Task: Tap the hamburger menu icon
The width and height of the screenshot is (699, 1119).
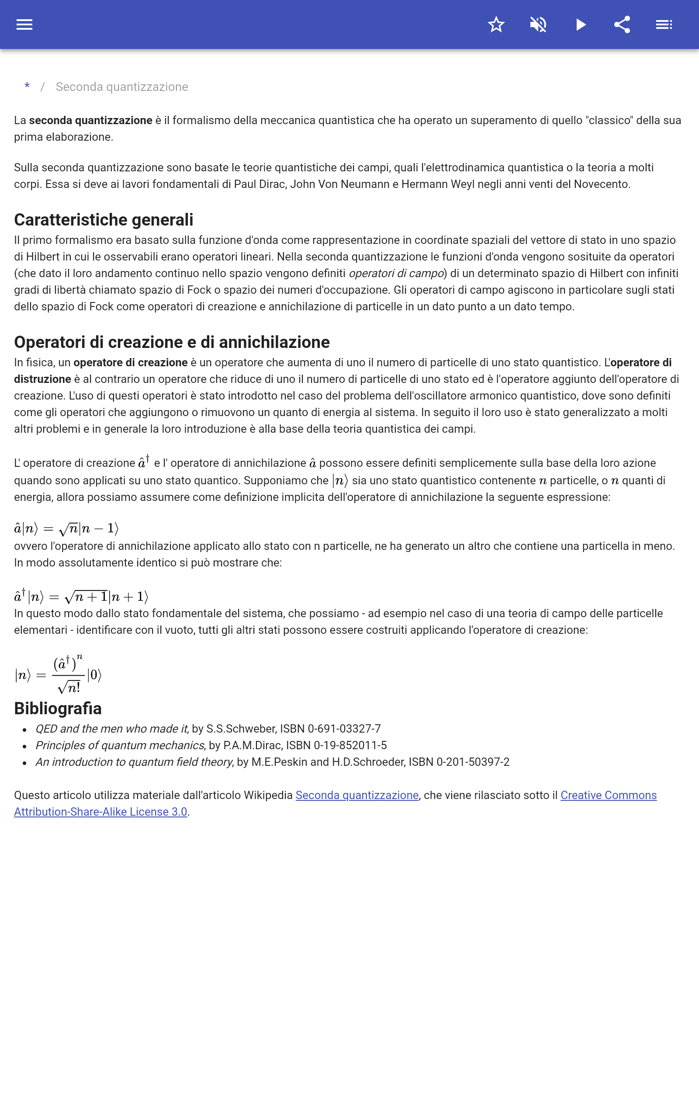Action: click(x=24, y=24)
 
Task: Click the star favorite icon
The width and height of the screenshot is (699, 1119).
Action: click(x=496, y=24)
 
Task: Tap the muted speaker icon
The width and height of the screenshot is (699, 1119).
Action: click(x=538, y=24)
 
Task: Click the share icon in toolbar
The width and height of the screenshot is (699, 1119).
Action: click(x=622, y=24)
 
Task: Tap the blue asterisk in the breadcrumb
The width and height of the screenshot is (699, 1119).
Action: click(x=27, y=87)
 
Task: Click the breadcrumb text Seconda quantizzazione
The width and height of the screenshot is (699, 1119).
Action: click(x=121, y=87)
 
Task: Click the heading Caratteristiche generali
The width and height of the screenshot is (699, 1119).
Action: click(x=104, y=219)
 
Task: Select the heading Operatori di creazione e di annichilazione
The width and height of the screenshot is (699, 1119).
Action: click(x=172, y=342)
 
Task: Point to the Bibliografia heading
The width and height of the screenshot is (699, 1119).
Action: click(x=58, y=709)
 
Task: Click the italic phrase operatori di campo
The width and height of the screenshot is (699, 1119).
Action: click(x=396, y=273)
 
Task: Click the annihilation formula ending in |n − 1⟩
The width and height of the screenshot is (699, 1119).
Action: click(x=66, y=528)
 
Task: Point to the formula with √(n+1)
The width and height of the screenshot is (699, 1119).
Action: click(x=81, y=597)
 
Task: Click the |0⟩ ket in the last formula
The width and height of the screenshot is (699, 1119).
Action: click(x=94, y=675)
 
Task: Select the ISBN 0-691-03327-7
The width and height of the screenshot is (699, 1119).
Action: click(x=344, y=729)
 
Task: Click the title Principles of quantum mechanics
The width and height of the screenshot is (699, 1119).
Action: click(x=120, y=745)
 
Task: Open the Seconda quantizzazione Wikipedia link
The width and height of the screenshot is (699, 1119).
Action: click(x=357, y=796)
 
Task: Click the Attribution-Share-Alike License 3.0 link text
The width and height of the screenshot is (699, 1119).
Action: click(x=100, y=812)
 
